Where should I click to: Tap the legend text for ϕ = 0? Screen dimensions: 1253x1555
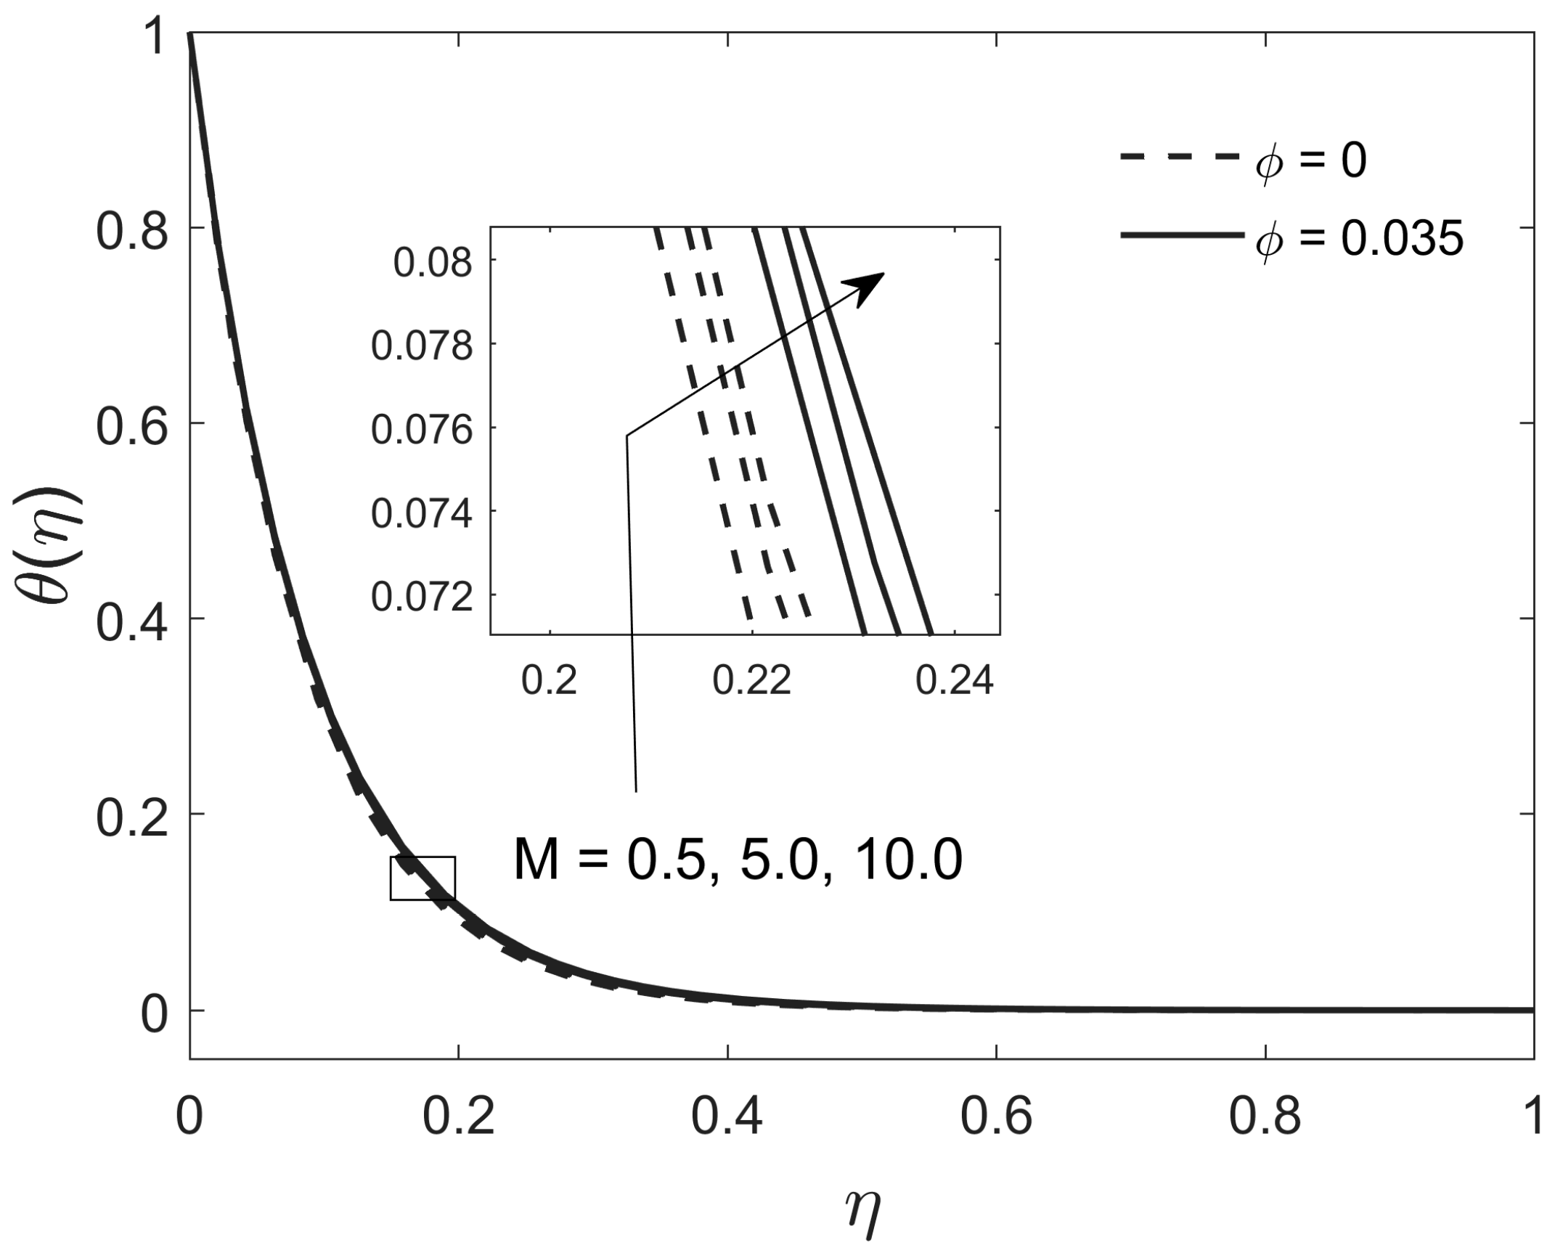point(1310,161)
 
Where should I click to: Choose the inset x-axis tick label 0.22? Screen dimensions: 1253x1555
point(752,681)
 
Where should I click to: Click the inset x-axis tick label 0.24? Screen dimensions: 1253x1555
point(954,681)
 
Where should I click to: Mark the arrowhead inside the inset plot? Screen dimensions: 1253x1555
point(870,285)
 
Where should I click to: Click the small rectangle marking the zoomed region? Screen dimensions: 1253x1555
point(423,878)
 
